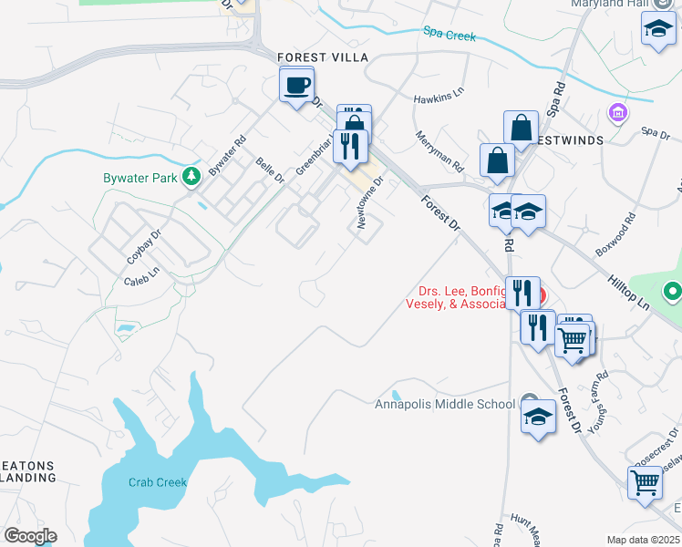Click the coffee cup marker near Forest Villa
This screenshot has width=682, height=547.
coord(296,86)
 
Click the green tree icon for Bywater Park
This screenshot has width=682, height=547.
coord(191,175)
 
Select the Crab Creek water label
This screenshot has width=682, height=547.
coord(157,482)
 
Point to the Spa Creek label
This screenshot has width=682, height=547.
coord(449,35)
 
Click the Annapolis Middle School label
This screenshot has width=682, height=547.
coord(444,404)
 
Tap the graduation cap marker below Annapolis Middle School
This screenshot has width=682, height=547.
coord(539,418)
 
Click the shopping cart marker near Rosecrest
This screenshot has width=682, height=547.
coord(645,481)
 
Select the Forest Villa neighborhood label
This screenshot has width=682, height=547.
coord(323,57)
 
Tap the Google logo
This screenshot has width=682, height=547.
coord(30,535)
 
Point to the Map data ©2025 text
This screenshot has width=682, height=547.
coord(642,540)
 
